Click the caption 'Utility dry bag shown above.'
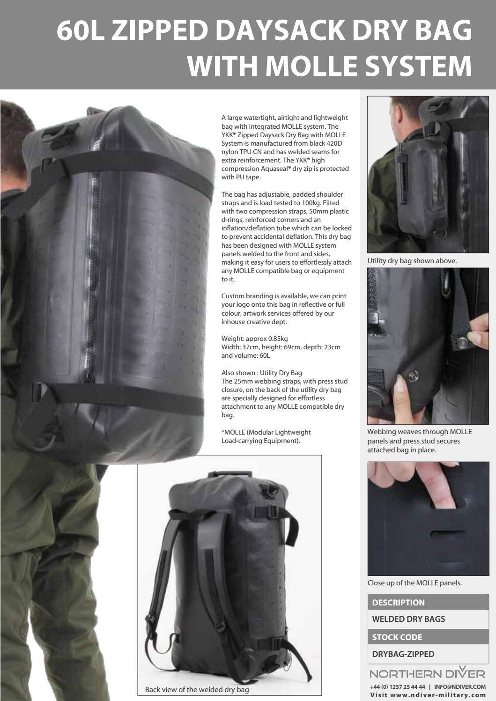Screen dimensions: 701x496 (412, 261)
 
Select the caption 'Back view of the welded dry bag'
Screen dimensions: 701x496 (197, 689)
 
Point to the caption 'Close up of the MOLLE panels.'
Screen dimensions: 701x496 (415, 583)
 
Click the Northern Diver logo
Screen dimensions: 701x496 (427, 673)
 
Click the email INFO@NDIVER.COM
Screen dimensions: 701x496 (459, 687)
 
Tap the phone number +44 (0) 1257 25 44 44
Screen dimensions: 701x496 (398, 687)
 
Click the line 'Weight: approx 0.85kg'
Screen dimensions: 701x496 (254, 339)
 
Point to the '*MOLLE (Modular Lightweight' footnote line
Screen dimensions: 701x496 (266, 432)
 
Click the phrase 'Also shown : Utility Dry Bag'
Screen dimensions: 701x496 (261, 373)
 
